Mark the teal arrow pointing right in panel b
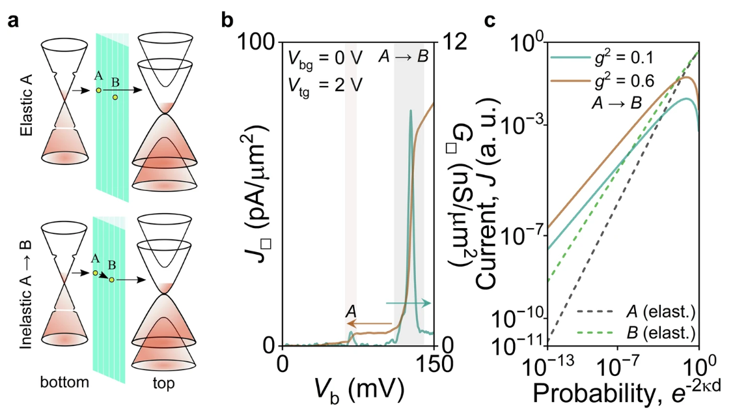(x=408, y=303)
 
